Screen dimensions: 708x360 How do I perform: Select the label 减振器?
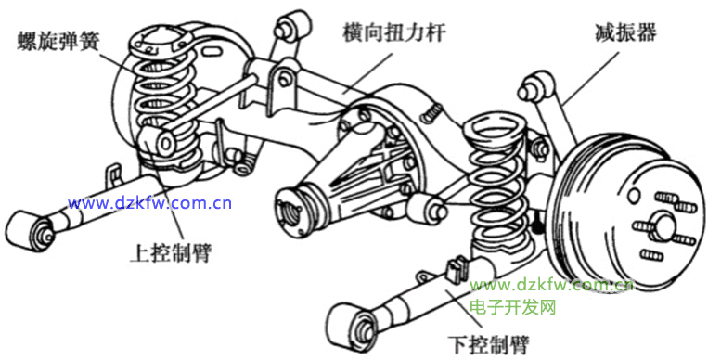[x=624, y=33]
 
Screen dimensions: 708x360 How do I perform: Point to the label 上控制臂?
[x=170, y=253]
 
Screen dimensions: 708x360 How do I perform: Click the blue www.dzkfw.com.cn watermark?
[x=149, y=204]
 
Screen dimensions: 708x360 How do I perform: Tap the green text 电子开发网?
[x=512, y=308]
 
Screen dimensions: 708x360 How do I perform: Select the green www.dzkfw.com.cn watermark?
[x=551, y=286]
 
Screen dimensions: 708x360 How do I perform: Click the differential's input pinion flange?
[x=290, y=211]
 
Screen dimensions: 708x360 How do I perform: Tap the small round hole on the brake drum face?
[x=635, y=195]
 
